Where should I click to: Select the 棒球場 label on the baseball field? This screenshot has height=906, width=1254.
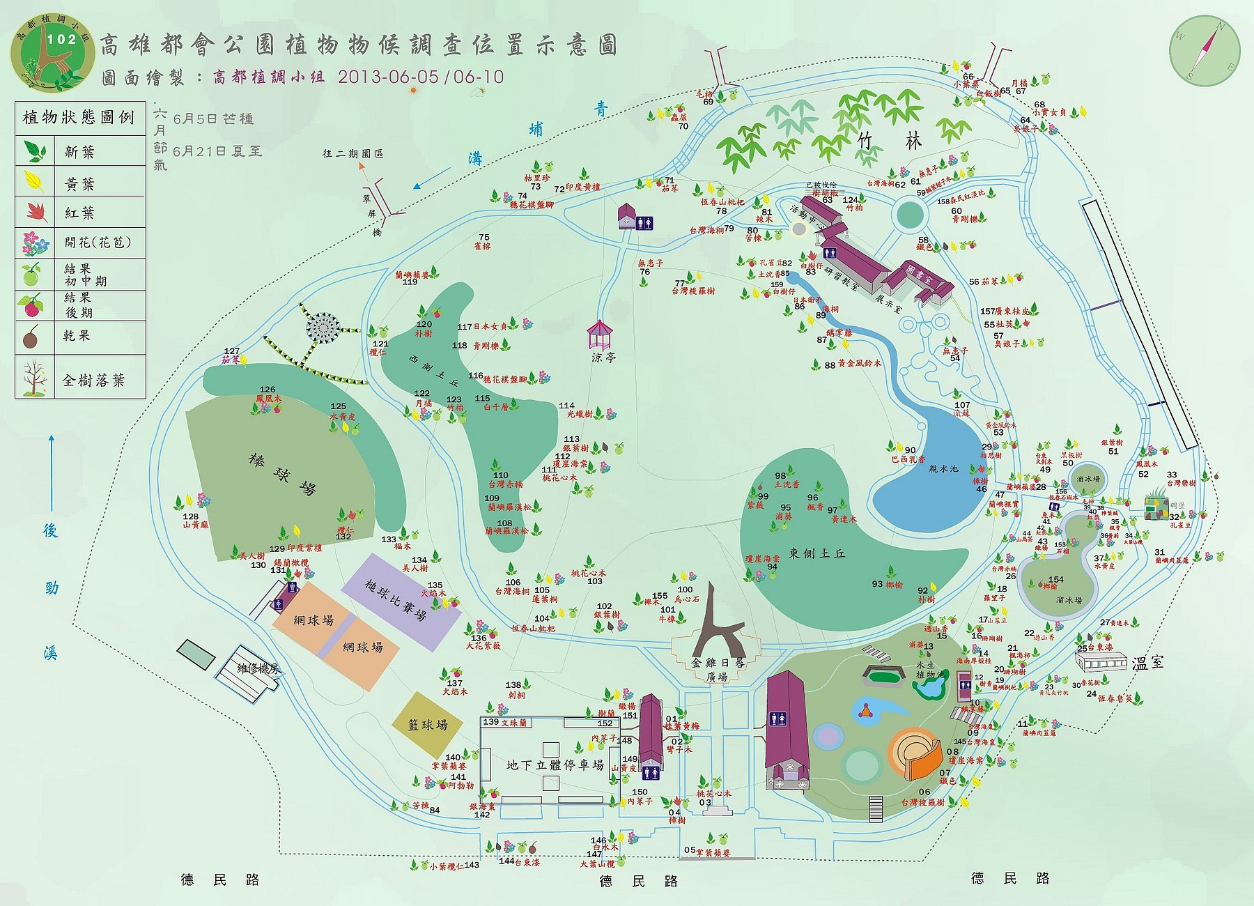click(281, 474)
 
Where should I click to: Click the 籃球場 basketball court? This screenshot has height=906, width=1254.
click(427, 725)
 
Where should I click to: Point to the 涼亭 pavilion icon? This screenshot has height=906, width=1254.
click(598, 336)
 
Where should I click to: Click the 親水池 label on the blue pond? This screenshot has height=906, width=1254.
click(943, 469)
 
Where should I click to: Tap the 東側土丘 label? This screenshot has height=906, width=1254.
click(816, 553)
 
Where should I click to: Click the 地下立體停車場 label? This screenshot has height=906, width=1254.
click(555, 765)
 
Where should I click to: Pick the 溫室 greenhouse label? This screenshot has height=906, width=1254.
click(1147, 662)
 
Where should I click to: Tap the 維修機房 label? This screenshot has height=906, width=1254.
click(258, 669)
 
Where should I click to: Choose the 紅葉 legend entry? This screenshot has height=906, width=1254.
click(79, 213)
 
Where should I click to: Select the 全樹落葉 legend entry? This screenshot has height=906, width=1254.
click(93, 380)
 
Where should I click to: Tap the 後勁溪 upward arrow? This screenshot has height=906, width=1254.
click(52, 474)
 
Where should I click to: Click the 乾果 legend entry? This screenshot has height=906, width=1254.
click(77, 336)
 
